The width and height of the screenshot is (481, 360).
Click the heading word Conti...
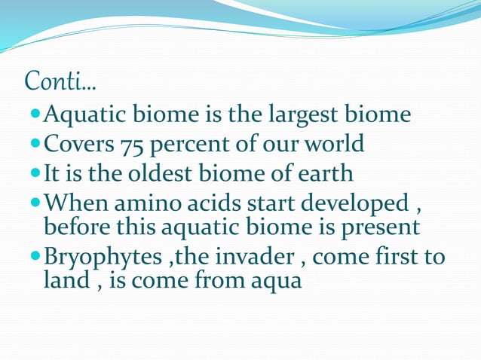click(64, 81)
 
